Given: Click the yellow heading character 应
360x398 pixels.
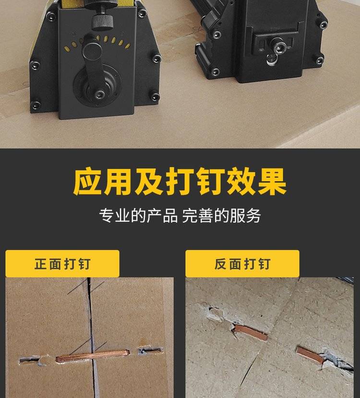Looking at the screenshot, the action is click(x=88, y=181).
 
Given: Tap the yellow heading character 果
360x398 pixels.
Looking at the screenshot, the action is click(x=272, y=181).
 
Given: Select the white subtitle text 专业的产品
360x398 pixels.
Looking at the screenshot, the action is click(x=138, y=216).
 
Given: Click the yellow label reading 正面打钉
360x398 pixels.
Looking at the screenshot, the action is click(x=62, y=264).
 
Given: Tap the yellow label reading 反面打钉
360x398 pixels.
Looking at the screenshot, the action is click(x=242, y=264).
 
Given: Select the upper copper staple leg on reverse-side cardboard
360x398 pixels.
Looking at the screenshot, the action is click(x=251, y=332).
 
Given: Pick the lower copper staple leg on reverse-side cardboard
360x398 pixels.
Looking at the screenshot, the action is click(x=310, y=355).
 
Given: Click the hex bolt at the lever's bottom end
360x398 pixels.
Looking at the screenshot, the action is click(x=99, y=94).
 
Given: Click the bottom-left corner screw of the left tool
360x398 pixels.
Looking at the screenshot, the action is click(x=36, y=105).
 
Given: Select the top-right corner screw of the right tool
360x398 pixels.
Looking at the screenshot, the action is click(x=323, y=24).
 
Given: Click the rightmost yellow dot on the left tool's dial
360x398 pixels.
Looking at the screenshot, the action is click(x=128, y=46).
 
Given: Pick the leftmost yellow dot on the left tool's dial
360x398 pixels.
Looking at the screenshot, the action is click(x=67, y=49).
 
